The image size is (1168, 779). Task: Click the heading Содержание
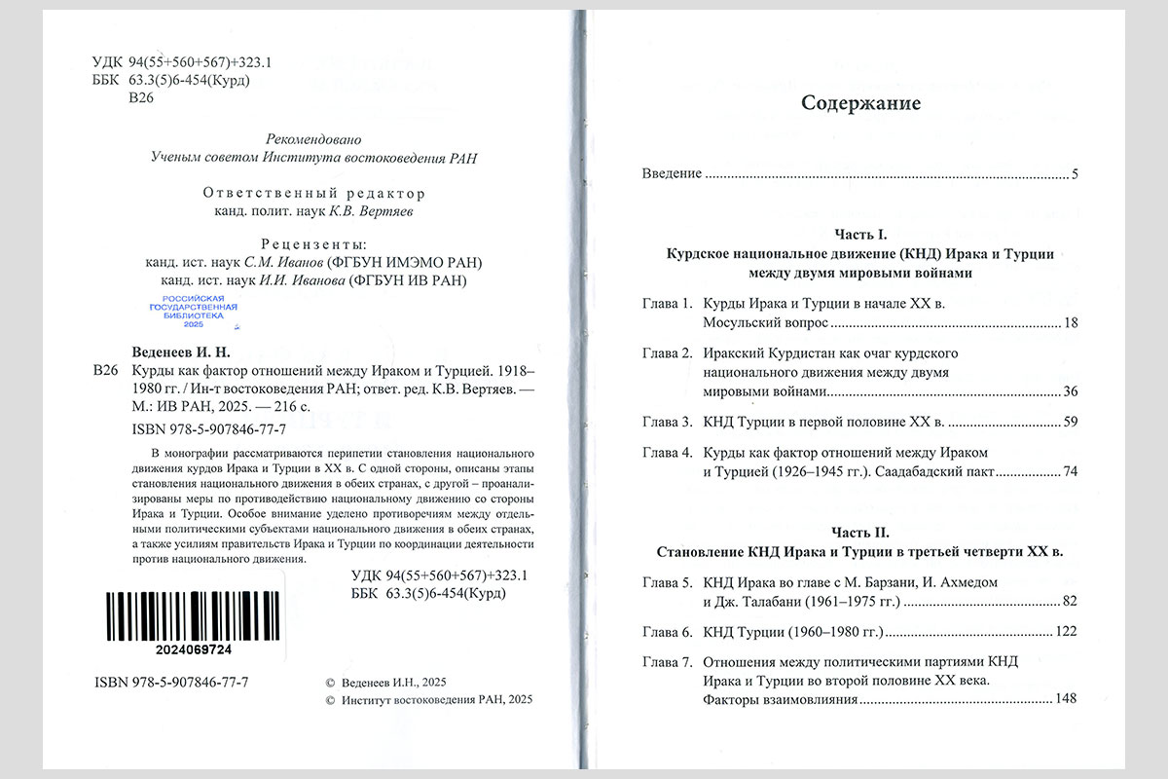tap(859, 102)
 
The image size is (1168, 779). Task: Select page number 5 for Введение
tap(1075, 174)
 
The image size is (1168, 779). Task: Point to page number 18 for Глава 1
tap(1072, 322)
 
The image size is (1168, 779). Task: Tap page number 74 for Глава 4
tap(1072, 472)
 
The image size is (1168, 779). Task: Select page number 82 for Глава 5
tap(1072, 601)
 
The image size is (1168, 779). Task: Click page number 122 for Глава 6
tap(1068, 632)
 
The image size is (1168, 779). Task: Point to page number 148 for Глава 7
tap(1068, 700)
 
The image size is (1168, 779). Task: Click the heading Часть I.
tap(860, 233)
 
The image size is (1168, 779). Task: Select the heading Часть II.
tap(860, 533)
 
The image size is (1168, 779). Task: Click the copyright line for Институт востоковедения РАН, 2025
tap(429, 699)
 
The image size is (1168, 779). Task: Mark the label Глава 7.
tap(667, 662)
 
